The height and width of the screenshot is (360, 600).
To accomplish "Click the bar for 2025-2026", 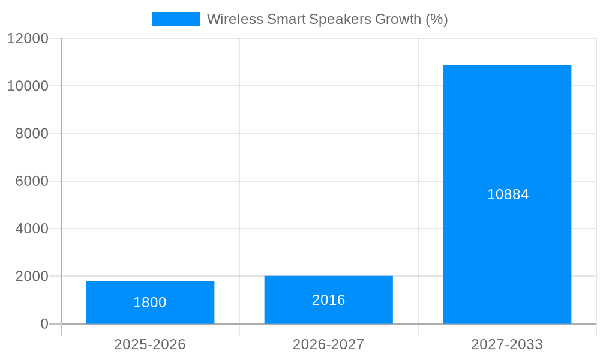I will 150,288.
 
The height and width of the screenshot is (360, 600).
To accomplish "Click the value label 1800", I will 150,302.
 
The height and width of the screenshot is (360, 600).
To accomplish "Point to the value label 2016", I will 328,300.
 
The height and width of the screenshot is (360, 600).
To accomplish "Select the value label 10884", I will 508,194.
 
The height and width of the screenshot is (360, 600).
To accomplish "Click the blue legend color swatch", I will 175,19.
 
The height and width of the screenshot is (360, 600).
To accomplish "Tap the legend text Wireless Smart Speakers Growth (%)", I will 327,19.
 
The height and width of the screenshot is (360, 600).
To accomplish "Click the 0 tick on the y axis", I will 44,324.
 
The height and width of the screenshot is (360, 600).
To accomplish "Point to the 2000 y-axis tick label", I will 31,277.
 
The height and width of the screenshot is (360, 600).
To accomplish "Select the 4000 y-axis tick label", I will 31,229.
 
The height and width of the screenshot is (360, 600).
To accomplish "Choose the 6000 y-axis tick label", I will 31,181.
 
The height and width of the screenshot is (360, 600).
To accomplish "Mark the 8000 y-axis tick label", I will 31,134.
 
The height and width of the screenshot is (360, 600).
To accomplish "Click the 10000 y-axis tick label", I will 28,86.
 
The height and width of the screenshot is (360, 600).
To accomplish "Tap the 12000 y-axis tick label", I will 28,38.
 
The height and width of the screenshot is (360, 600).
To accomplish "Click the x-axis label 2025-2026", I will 150,344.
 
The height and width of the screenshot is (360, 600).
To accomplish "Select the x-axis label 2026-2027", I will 328,344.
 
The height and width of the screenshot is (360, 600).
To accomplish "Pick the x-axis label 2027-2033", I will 507,344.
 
